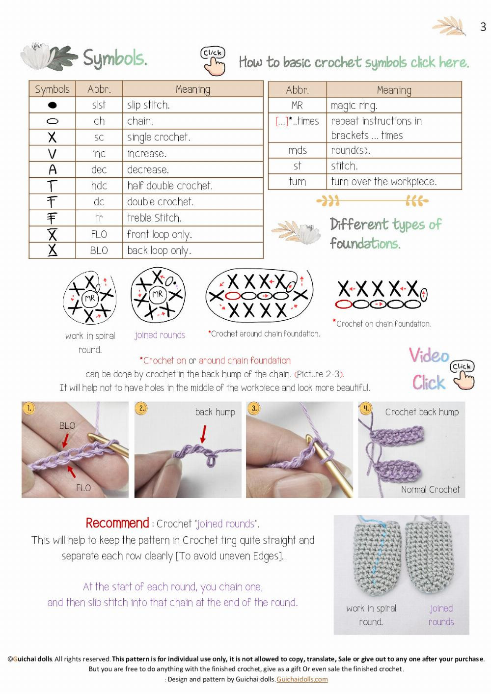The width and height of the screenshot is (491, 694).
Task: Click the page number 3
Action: tap(483, 27)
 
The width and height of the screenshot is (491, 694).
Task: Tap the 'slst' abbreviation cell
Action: tap(99, 105)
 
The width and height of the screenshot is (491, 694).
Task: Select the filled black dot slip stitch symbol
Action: tap(52, 105)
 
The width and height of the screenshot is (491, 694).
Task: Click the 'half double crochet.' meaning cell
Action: tap(169, 186)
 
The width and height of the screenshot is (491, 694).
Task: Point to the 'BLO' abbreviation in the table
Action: tap(99, 250)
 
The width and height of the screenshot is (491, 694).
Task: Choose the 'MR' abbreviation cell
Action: tap(297, 106)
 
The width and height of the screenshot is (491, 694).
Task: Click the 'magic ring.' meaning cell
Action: tap(354, 106)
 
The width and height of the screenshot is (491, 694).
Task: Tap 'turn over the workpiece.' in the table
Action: tap(383, 182)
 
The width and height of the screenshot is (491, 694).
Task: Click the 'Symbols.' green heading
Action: tap(115, 58)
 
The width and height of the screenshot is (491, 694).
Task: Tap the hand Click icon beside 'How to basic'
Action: tap(214, 61)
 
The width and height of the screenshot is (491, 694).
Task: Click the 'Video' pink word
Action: tap(429, 356)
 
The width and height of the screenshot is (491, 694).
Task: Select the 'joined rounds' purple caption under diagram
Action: tap(160, 335)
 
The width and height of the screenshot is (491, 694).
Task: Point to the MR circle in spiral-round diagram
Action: tap(89, 298)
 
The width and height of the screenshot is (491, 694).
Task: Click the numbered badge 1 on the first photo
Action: tap(29, 408)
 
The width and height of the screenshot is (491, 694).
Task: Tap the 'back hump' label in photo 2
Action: tap(215, 412)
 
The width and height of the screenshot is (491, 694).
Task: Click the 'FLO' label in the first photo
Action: tap(83, 488)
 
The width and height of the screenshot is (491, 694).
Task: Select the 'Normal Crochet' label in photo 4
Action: tap(430, 489)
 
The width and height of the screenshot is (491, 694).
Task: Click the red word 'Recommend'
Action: tap(117, 523)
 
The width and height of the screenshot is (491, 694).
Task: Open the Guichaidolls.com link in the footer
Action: tap(302, 679)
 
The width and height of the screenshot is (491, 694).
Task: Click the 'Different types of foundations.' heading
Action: tap(385, 234)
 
